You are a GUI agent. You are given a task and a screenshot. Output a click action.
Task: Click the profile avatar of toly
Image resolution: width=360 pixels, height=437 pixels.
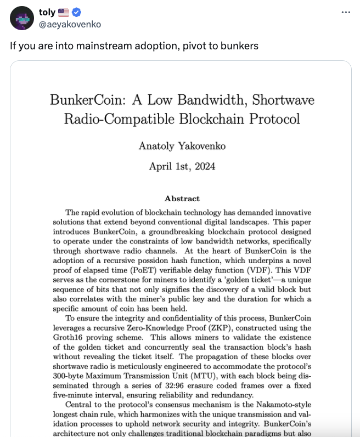click(22, 19)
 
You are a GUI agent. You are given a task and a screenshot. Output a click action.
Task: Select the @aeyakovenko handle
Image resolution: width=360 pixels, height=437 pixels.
click(70, 24)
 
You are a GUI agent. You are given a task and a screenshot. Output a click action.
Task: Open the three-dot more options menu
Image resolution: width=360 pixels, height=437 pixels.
click(345, 13)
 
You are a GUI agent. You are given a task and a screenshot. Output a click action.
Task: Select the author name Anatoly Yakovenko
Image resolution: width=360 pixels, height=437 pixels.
click(182, 146)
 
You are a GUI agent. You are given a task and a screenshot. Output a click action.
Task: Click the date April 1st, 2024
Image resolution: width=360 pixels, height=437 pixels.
click(182, 166)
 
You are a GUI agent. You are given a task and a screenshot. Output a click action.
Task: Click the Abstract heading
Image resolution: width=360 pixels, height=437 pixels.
click(182, 198)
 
